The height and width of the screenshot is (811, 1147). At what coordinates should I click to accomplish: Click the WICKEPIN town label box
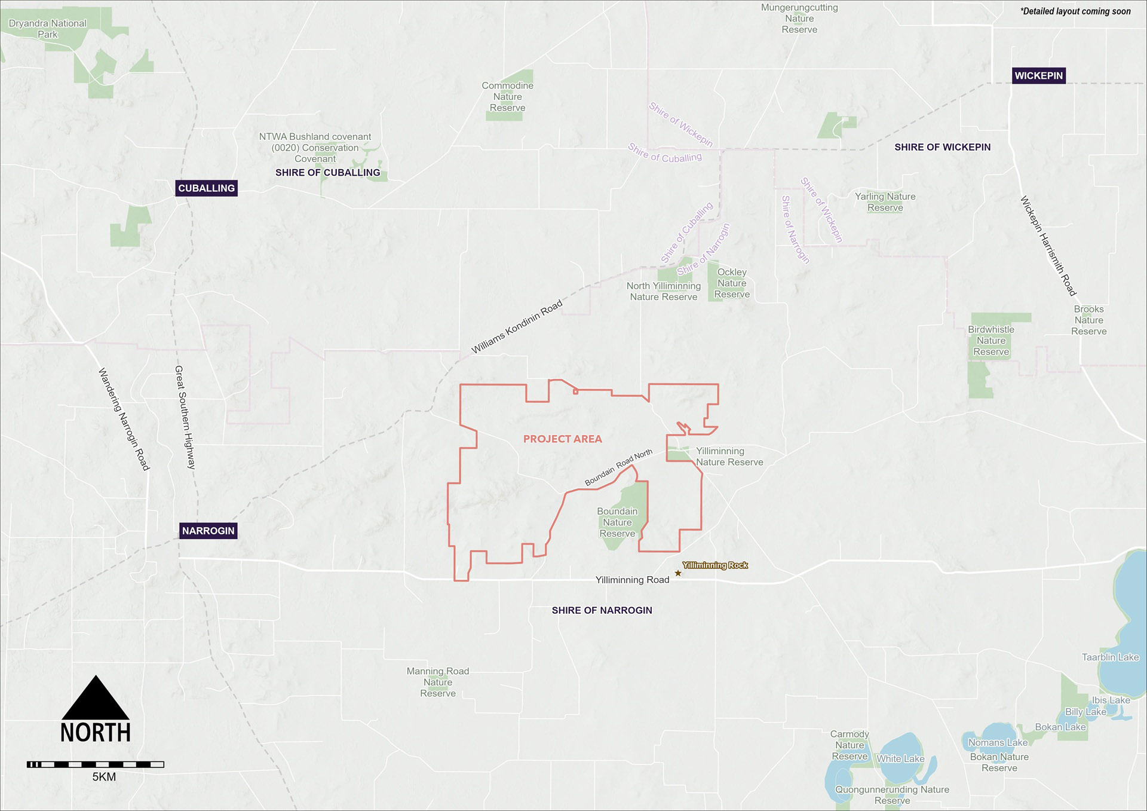tap(1038, 76)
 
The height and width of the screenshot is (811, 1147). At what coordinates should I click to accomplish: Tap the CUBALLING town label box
tap(206, 188)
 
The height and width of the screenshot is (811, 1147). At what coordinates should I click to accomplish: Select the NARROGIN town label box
tap(208, 531)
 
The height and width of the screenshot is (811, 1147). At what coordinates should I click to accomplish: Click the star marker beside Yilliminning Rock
tap(678, 574)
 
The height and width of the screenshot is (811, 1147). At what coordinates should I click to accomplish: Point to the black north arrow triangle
tap(96, 699)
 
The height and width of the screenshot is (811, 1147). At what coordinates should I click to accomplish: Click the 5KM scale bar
tap(96, 764)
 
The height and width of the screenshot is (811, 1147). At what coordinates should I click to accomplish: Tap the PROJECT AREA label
tap(562, 439)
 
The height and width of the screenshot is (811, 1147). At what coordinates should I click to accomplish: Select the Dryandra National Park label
tap(48, 29)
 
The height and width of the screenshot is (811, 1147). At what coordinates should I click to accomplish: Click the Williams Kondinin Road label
tap(517, 327)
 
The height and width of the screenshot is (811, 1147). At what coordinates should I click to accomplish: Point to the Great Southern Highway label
tap(185, 417)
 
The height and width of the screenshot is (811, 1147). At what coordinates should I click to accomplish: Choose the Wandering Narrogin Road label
tap(124, 419)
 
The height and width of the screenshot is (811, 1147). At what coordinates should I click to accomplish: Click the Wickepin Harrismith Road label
tap(1048, 246)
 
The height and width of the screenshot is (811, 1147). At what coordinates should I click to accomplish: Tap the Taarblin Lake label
tap(1110, 657)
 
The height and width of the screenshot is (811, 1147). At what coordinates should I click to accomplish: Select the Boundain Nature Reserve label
tap(617, 522)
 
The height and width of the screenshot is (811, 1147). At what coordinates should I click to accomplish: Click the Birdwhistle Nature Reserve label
tap(991, 341)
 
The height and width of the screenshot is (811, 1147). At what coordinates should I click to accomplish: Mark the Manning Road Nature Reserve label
tap(438, 682)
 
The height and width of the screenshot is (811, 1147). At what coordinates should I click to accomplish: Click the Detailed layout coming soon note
tap(1075, 11)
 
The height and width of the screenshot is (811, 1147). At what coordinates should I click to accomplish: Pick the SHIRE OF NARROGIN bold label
tap(602, 610)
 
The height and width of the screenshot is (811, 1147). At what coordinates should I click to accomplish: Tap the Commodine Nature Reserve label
tap(507, 97)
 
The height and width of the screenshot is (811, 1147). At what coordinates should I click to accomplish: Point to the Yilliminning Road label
tap(632, 580)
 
